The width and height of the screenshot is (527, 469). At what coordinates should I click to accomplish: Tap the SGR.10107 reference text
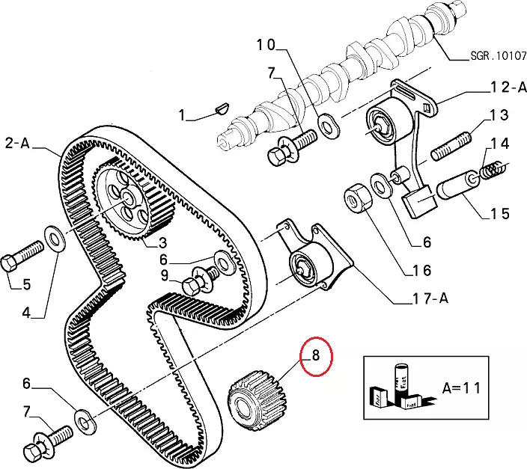(498, 55)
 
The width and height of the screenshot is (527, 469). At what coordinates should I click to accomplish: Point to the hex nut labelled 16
(358, 198)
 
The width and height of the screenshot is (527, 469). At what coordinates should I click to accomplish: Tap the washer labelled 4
(54, 239)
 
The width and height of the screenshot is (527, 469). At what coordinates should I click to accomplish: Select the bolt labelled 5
(22, 256)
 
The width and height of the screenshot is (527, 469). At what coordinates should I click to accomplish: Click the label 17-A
(430, 298)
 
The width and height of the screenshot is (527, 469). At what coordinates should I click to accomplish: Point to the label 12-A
(508, 88)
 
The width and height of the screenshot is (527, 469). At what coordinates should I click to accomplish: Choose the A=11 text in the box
(461, 387)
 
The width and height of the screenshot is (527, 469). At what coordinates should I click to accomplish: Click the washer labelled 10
(328, 126)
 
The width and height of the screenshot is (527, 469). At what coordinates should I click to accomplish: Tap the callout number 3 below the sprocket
(162, 242)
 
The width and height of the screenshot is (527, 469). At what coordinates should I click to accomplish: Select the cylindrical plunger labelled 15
(459, 186)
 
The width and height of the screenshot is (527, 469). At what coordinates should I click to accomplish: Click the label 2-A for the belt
(17, 144)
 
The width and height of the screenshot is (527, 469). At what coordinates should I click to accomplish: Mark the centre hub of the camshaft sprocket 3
(128, 197)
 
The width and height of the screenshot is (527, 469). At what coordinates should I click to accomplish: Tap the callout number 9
(165, 275)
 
